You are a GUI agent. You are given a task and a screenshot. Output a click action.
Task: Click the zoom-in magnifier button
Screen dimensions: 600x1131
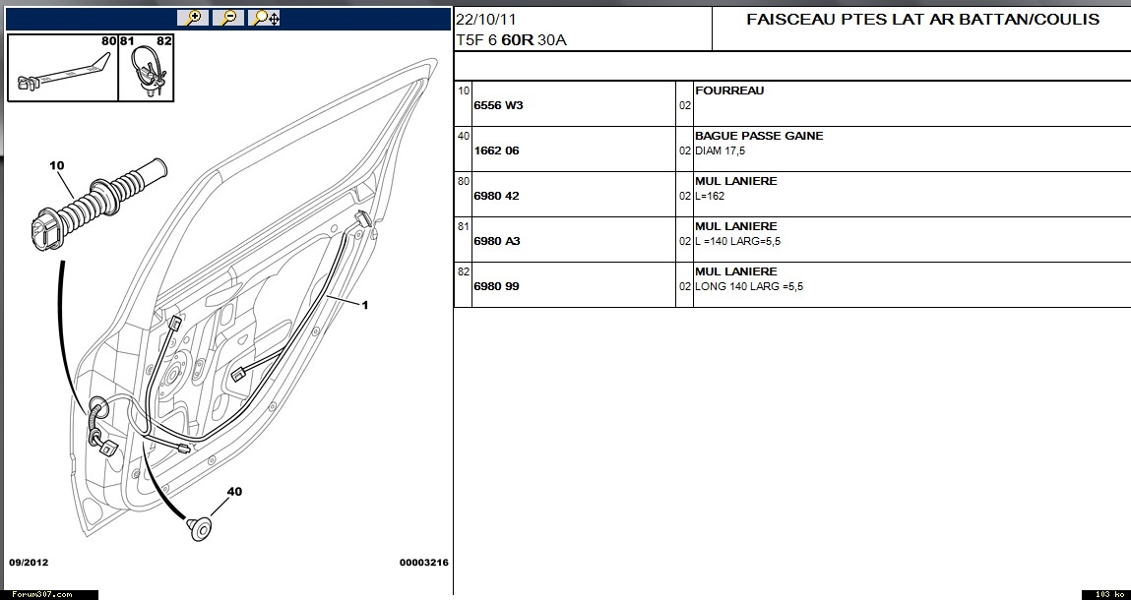193,18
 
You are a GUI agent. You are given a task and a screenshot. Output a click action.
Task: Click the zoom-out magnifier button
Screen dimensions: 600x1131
228,18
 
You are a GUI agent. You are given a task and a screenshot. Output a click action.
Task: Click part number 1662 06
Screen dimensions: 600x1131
496,150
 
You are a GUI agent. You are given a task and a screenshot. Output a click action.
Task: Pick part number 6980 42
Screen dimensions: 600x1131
496,196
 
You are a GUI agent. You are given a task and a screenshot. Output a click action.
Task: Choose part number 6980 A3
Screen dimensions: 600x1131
497,241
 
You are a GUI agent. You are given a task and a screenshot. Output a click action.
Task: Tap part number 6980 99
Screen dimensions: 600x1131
496,286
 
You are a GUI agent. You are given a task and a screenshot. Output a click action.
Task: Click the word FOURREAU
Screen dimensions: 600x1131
729,90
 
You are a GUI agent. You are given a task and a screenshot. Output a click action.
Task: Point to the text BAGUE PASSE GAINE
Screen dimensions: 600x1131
759,136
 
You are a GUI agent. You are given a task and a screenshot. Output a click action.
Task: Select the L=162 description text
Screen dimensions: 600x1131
710,196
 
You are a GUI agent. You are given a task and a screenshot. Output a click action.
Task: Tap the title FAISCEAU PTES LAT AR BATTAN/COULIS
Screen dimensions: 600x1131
922,20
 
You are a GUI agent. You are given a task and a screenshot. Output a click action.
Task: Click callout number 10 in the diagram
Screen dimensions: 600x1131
56,165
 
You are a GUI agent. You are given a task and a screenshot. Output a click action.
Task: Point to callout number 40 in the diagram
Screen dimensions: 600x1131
234,492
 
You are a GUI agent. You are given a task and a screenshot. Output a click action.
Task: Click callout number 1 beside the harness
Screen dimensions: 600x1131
365,305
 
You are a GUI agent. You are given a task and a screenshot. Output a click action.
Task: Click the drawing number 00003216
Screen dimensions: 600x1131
423,563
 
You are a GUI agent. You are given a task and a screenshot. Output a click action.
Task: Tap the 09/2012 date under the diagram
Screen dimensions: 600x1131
29,563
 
